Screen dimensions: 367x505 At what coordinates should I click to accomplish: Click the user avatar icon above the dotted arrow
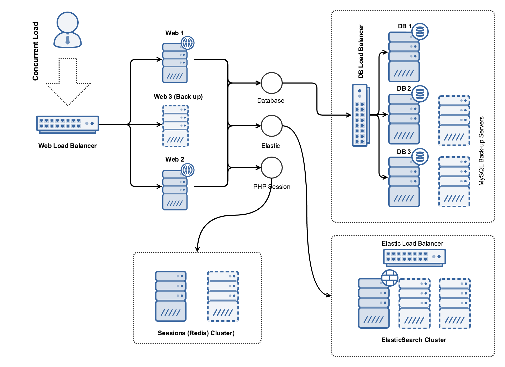pos(68,30)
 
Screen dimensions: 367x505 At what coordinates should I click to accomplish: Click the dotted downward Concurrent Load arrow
pos(68,84)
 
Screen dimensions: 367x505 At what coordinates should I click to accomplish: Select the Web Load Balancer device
pos(67,124)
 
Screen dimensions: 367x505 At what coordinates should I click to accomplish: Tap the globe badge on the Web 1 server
pos(188,43)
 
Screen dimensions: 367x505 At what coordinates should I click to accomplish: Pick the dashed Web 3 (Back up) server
pos(175,126)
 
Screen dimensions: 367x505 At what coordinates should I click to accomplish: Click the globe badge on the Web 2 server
pos(188,170)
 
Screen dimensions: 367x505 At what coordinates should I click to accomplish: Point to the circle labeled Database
pos(271,83)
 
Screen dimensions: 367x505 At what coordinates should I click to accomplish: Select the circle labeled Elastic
pos(271,126)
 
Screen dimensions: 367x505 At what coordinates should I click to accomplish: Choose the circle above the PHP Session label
pos(271,168)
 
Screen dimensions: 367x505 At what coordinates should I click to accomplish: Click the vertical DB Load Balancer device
pos(360,115)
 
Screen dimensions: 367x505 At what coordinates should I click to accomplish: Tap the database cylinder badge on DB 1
pos(420,32)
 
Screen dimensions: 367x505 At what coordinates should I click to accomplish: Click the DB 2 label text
pos(403,89)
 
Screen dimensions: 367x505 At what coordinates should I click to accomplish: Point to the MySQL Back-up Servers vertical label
pos(481,151)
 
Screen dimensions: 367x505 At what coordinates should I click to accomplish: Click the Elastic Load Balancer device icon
pos(414,257)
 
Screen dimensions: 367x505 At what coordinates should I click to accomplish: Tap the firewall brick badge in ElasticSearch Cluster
pos(390,278)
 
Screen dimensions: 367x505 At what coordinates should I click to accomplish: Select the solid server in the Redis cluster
pos(171,296)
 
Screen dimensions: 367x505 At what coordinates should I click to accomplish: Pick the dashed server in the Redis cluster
pos(223,296)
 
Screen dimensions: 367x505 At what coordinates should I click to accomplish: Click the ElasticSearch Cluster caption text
pos(413,340)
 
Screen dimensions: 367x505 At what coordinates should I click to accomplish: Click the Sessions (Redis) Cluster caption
pos(196,333)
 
